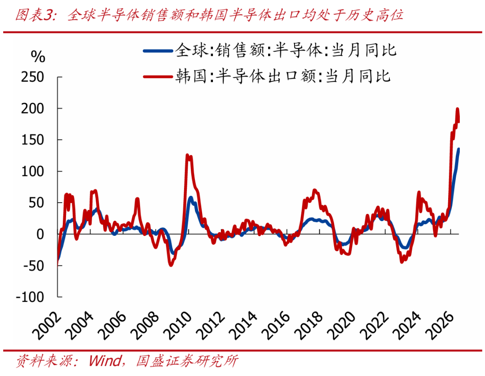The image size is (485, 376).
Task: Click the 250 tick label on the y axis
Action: (33, 77)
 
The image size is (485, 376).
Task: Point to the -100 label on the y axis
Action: (30, 297)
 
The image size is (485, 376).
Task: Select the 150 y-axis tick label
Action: (33, 140)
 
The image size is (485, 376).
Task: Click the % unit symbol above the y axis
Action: (38, 57)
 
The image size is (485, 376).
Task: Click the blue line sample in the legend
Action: (158, 51)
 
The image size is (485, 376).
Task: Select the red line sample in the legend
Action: (158, 76)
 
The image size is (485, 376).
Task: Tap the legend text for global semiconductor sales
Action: (286, 50)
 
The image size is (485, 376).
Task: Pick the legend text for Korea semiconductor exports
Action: (283, 76)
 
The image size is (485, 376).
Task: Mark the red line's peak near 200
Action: (458, 109)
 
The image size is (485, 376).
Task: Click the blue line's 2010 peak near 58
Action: (190, 198)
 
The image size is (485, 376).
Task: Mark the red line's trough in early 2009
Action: (171, 265)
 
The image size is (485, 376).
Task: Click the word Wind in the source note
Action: (105, 361)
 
